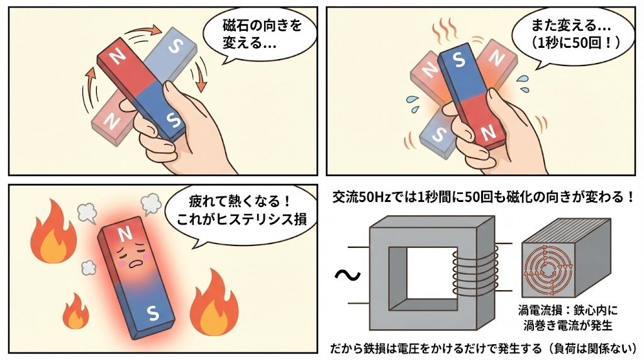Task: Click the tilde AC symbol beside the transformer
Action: click(347, 275)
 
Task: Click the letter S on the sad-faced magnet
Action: click(153, 313)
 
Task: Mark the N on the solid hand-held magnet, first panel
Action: click(118, 57)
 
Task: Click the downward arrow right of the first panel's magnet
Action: click(199, 74)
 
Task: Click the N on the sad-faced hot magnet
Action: click(125, 233)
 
